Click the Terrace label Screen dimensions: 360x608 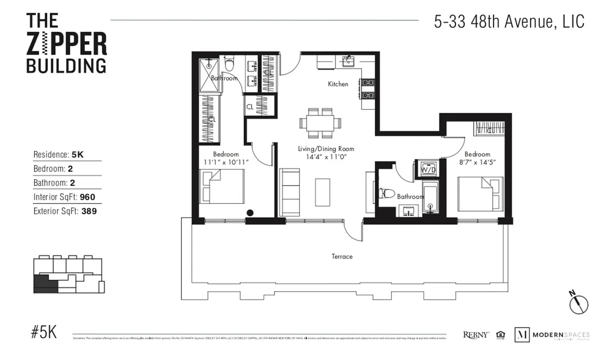coord(342,256)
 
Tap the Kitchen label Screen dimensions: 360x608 coord(338,84)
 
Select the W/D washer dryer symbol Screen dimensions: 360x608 coord(427,169)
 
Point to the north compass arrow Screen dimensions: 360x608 coord(578,304)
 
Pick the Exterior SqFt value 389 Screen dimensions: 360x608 coord(89,211)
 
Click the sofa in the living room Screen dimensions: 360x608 coord(290,192)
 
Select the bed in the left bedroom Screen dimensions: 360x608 coord(223,186)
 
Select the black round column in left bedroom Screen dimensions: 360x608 coord(250,213)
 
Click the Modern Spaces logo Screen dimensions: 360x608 coord(552,335)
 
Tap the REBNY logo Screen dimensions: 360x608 coord(476,335)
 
